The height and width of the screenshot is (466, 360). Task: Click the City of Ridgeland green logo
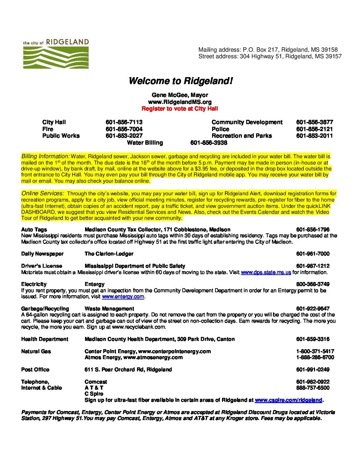[56, 54]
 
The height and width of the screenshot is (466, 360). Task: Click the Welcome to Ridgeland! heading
[180, 81]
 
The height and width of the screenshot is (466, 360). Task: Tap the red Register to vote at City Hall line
[180, 109]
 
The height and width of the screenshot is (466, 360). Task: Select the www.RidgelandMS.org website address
[180, 102]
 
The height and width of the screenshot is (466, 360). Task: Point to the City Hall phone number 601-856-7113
[124, 122]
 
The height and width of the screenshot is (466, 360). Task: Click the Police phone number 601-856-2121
[314, 129]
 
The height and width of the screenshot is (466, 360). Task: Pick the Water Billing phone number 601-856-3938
[209, 143]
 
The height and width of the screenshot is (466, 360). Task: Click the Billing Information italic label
[45, 156]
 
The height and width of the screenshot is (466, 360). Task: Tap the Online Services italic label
[43, 193]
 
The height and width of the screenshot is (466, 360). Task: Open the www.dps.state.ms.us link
[266, 272]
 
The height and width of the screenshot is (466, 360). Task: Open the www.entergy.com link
[123, 297]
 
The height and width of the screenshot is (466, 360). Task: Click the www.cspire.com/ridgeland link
[288, 400]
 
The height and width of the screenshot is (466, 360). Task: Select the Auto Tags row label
[34, 230]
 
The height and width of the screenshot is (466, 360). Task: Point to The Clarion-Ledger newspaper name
[109, 254]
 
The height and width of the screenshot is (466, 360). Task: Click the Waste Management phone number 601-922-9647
[313, 309]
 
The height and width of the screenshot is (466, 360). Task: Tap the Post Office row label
[35, 370]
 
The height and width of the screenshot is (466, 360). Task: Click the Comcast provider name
[96, 382]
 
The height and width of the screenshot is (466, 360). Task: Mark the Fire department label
[48, 129]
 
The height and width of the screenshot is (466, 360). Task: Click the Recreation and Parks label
[242, 136]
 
